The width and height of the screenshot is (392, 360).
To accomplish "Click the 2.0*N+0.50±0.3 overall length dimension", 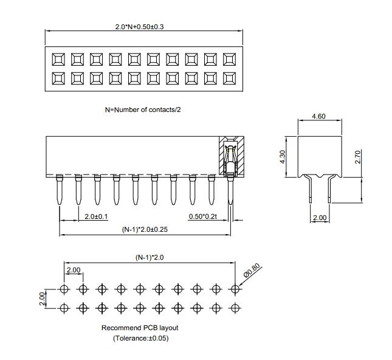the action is (139, 27).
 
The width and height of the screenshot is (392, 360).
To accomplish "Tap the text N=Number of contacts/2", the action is (143, 109).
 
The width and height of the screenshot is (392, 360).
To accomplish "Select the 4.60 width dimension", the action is (318, 116).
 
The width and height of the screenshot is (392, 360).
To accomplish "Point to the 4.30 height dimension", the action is (283, 157).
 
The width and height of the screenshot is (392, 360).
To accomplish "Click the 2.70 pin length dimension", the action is (358, 157).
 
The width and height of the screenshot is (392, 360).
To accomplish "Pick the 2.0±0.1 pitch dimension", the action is (96, 216).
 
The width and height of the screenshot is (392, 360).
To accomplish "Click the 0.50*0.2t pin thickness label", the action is (203, 216).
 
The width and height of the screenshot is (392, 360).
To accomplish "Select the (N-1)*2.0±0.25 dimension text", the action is (145, 229).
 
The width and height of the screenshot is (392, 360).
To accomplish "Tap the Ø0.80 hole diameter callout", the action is (252, 271).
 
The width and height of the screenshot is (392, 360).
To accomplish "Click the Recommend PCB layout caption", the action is (140, 328).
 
